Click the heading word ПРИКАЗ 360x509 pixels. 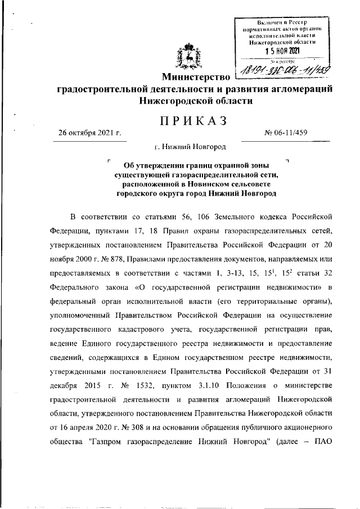pyautogui.click(x=188, y=120)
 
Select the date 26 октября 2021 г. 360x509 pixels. pyautogui.click(x=91, y=133)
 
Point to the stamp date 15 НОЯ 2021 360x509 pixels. pyautogui.click(x=282, y=51)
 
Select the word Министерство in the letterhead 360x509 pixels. pyautogui.click(x=193, y=76)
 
